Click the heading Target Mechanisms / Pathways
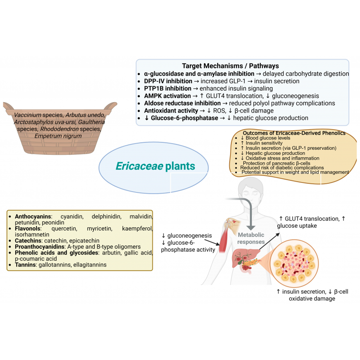pyautogui.click(x=230, y=66)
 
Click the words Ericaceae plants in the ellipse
pyautogui.click(x=156, y=166)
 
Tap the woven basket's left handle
pyautogui.click(x=8, y=107)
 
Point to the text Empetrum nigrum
pyautogui.click(x=58, y=136)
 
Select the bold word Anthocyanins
pyautogui.click(x=33, y=216)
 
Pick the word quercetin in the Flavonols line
pyautogui.click(x=64, y=229)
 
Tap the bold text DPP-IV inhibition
pyautogui.click(x=168, y=81)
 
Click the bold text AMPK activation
pyautogui.click(x=167, y=96)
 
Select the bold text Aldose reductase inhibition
pyautogui.click(x=182, y=103)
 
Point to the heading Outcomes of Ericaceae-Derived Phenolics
pyautogui.click(x=294, y=133)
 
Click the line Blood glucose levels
pyautogui.click(x=268, y=138)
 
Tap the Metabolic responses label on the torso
pyautogui.click(x=251, y=238)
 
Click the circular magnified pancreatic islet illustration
pyautogui.click(x=294, y=263)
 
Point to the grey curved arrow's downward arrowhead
pyautogui.click(x=251, y=227)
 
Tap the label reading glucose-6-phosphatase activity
pyautogui.click(x=188, y=246)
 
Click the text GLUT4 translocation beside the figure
pyautogui.click(x=312, y=219)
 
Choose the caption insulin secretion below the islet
pyautogui.click(x=304, y=292)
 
